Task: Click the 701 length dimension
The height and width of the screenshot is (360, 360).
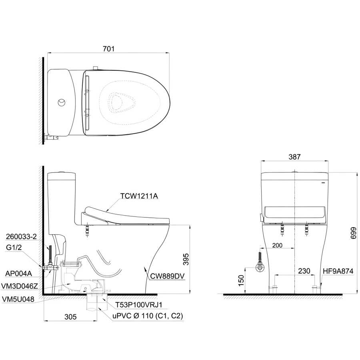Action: pos(108,49)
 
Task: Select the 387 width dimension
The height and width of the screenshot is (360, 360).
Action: pos(294,157)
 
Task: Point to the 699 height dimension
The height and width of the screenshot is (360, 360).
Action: pos(354,233)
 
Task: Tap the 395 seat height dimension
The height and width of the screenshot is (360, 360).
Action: pos(186,259)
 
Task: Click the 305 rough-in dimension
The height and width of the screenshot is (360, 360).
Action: pos(70,317)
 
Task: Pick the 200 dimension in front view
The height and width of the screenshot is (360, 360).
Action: pos(277,245)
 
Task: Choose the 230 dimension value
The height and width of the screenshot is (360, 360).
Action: pos(304,271)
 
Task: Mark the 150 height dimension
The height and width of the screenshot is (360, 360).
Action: pos(241,280)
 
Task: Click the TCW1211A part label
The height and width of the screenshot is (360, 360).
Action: pos(139,196)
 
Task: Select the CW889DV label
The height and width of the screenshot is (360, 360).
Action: pos(167,276)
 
